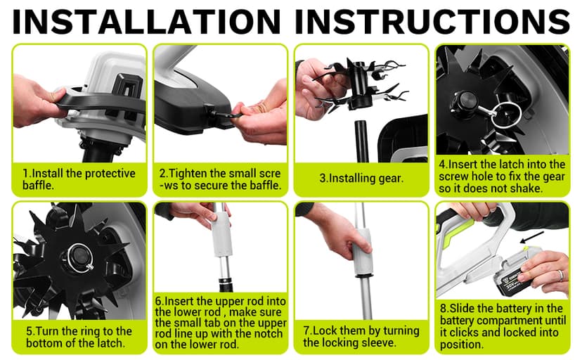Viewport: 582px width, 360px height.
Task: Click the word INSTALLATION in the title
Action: (x=146, y=21)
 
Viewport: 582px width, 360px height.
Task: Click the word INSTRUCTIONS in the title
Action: (x=432, y=21)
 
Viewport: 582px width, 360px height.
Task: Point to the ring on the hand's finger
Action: (x=561, y=275)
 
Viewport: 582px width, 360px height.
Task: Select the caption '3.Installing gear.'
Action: (x=361, y=178)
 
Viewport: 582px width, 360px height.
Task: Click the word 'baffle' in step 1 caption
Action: (x=37, y=185)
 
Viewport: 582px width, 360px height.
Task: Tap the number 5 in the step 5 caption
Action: (x=30, y=330)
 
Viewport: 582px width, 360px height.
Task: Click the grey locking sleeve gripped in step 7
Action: (x=362, y=252)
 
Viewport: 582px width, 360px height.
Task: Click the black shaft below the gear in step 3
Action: (x=361, y=141)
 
